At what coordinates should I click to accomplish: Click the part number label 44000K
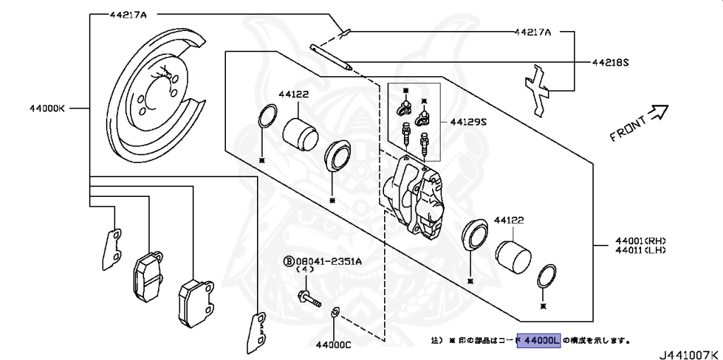coord(47,109)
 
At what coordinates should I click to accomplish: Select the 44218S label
coord(611,62)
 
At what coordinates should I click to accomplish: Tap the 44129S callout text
coord(469,122)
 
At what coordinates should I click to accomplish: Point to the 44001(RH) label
coord(640,240)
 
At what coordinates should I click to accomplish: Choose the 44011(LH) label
coord(640,250)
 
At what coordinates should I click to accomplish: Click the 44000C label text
coord(333,345)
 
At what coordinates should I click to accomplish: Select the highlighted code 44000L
coord(540,341)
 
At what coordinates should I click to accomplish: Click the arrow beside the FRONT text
coord(658,111)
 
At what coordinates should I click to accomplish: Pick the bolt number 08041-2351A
coord(328,260)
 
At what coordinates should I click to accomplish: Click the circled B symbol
coord(289,261)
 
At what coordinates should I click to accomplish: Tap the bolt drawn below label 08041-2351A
coord(308,297)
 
